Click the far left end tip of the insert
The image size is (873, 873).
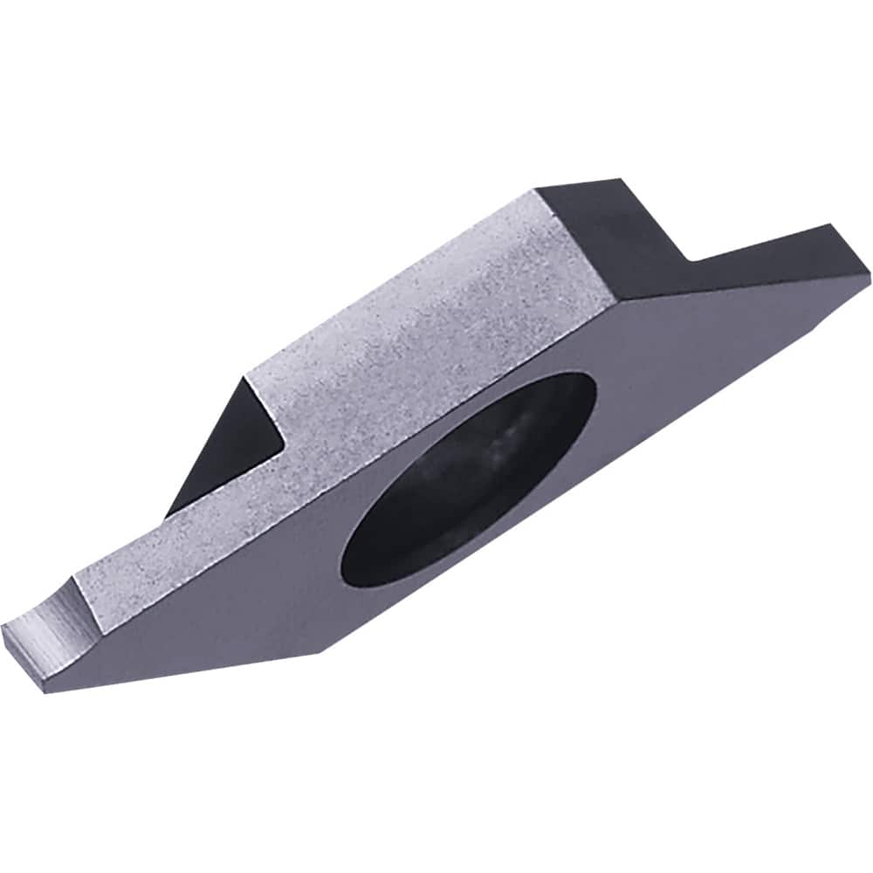[x=7, y=627]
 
